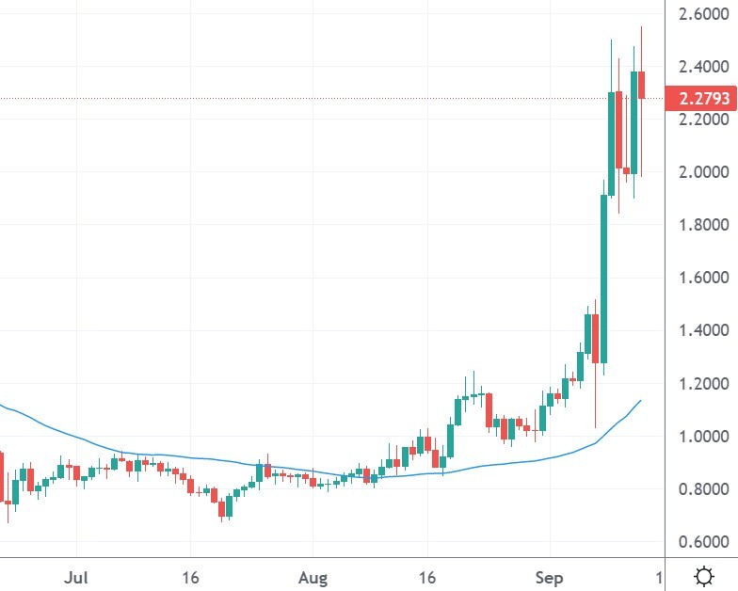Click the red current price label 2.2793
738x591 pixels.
pyautogui.click(x=698, y=98)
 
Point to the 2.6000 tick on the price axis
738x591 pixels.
pyautogui.click(x=699, y=14)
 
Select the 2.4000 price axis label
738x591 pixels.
pyautogui.click(x=699, y=67)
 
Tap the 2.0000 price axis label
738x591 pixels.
pyautogui.click(x=699, y=172)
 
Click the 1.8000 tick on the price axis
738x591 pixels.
pyautogui.click(x=699, y=225)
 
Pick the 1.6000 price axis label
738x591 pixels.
pyautogui.click(x=699, y=278)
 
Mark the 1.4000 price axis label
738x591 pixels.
pyautogui.click(x=699, y=330)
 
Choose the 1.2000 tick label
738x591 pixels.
pyautogui.click(x=699, y=383)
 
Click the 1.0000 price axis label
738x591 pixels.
pyautogui.click(x=699, y=436)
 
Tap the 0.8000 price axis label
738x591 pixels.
pyautogui.click(x=699, y=488)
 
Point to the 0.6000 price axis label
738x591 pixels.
pyautogui.click(x=699, y=541)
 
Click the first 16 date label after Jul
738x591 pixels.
pyautogui.click(x=192, y=576)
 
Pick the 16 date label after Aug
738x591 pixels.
pyautogui.click(x=429, y=576)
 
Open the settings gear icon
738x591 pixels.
pyautogui.click(x=702, y=575)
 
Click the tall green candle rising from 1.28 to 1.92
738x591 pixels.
pyautogui.click(x=603, y=278)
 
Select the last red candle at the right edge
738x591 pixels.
pyautogui.click(x=641, y=85)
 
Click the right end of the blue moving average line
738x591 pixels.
pyautogui.click(x=641, y=401)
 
